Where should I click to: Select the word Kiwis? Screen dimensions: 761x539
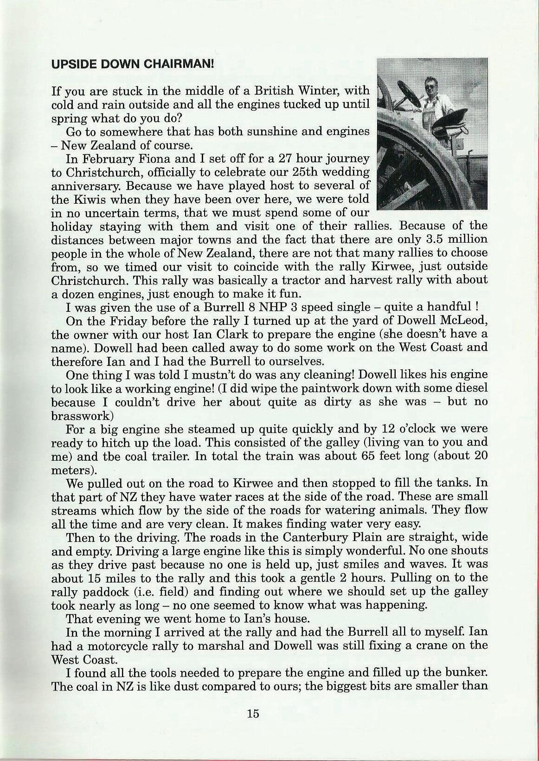pyautogui.click(x=88, y=200)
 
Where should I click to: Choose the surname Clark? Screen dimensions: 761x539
pyautogui.click(x=244, y=334)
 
